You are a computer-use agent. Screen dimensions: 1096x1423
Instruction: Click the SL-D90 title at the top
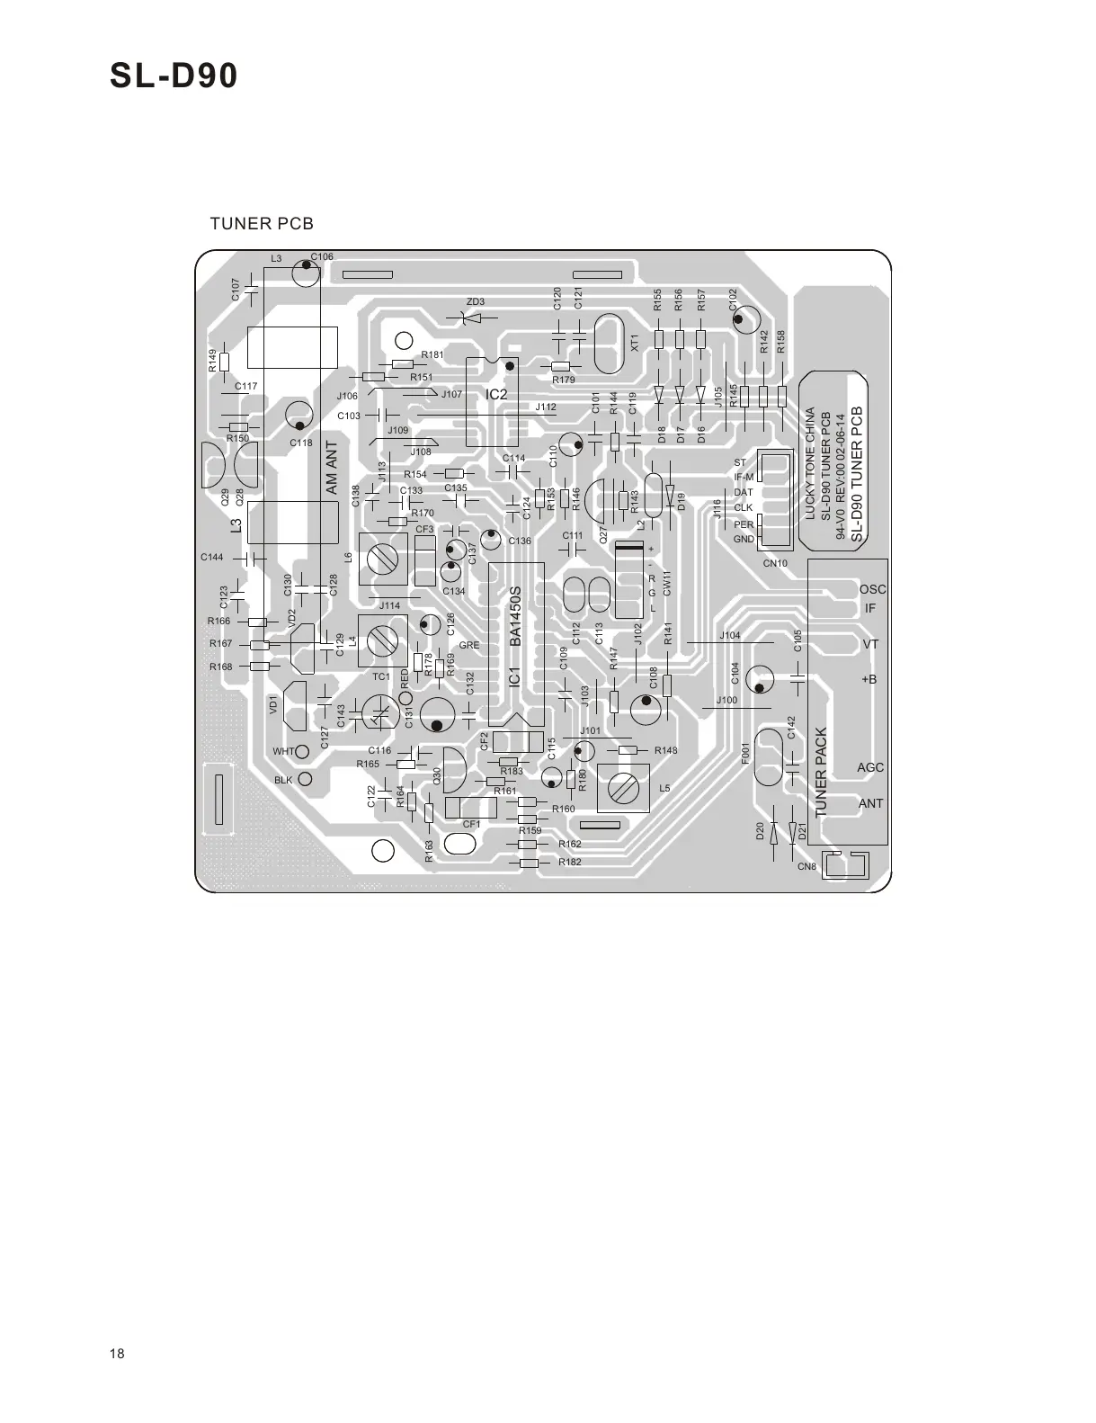coord(174,76)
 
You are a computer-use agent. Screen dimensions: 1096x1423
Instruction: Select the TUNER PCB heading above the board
coord(261,223)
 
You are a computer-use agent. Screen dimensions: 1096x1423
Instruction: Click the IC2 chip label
coord(496,394)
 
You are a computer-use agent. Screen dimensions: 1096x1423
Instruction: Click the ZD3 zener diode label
coord(475,301)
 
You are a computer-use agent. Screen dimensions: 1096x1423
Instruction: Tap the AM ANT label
coord(330,468)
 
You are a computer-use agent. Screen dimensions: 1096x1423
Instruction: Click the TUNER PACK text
coord(820,773)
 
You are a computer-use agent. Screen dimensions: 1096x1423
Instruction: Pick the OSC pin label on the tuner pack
coord(872,589)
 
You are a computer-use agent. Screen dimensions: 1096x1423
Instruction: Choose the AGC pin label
coord(870,767)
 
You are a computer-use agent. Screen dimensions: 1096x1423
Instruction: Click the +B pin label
coord(869,679)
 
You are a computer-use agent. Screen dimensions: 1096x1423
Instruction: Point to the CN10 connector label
coord(775,563)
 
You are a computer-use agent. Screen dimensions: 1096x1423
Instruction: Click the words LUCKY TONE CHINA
coord(810,464)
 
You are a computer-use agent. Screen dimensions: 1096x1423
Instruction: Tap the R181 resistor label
coord(432,355)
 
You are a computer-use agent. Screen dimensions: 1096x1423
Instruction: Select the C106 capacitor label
coord(322,257)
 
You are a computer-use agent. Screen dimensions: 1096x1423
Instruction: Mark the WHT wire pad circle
coord(303,750)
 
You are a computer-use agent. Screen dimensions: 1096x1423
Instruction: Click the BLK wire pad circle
coord(305,779)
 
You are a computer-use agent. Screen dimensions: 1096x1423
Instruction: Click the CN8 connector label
coord(806,866)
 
